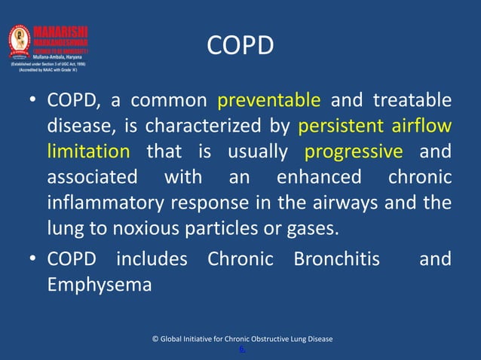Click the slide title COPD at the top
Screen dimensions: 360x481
tap(240, 47)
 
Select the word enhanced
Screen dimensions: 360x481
tap(319, 178)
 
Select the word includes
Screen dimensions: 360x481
tap(151, 260)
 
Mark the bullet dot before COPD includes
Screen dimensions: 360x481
tap(34, 260)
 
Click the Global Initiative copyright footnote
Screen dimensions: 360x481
tap(242, 339)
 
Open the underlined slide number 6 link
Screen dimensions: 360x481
tap(241, 349)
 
